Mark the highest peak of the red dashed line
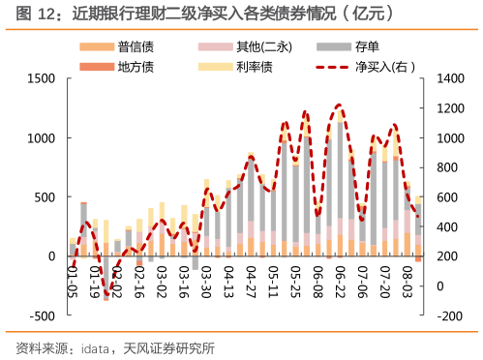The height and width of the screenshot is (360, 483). pyautogui.click(x=339, y=105)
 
